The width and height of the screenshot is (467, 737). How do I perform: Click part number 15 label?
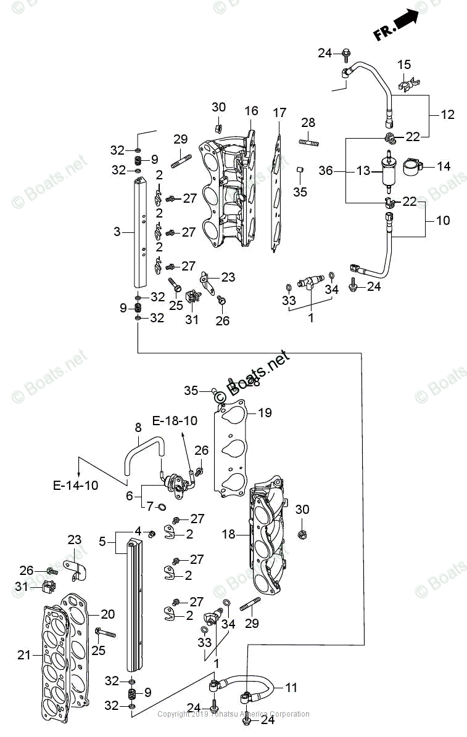(x=403, y=65)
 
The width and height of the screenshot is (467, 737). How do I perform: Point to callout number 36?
(x=328, y=170)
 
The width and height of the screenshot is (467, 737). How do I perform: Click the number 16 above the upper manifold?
(x=251, y=111)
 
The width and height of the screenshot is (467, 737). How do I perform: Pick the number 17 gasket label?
(x=279, y=113)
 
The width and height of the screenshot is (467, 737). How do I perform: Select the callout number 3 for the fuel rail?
(x=117, y=232)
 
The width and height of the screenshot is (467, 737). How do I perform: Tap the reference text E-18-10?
(x=175, y=421)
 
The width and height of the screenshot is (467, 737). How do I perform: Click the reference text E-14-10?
(x=75, y=486)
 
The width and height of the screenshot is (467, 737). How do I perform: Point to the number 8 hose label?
(x=138, y=426)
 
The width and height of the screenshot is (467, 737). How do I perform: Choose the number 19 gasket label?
(x=265, y=413)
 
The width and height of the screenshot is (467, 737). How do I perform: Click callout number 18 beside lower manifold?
(x=229, y=534)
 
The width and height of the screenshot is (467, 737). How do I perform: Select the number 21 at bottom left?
(x=23, y=655)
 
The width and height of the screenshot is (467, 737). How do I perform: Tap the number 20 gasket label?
(x=108, y=614)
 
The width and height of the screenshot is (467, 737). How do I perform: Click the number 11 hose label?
(x=291, y=687)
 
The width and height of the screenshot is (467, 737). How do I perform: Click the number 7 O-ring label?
(x=149, y=506)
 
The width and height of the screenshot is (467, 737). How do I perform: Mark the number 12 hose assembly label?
(x=447, y=114)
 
